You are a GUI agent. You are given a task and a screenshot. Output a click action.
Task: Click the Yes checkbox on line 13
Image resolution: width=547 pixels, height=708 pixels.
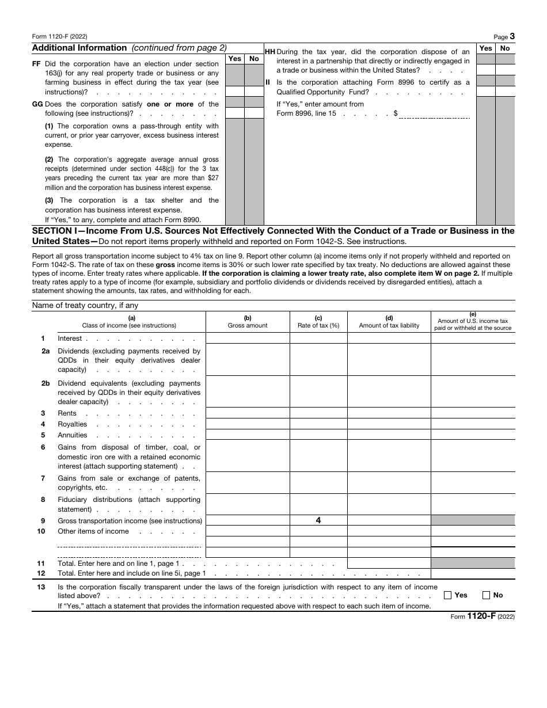pyautogui.click(x=448, y=595)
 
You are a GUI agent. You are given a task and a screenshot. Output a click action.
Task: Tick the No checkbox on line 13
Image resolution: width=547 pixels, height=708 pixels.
pyautogui.click(x=486, y=595)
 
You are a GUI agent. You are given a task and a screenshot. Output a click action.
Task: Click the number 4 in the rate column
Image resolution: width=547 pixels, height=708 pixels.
pyautogui.click(x=318, y=520)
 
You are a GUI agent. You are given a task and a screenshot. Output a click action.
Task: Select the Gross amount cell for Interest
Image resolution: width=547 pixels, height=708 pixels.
pyautogui.click(x=248, y=338)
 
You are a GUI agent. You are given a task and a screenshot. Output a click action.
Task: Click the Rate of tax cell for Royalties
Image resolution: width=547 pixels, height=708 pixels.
pyautogui.click(x=318, y=424)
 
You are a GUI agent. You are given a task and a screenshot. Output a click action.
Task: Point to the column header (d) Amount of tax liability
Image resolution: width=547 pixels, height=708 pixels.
pyautogui.click(x=389, y=322)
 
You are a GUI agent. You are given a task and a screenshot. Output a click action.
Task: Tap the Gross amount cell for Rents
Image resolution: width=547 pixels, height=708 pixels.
pyautogui.click(x=248, y=413)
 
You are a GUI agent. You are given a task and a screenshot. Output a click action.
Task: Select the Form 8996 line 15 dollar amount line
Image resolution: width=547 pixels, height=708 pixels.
pyautogui.click(x=435, y=113)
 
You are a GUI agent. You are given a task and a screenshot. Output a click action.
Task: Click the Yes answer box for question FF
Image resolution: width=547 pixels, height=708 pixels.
pyautogui.click(x=235, y=91)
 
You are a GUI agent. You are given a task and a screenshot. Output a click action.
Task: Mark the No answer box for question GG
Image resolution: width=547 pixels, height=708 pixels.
pyautogui.click(x=254, y=113)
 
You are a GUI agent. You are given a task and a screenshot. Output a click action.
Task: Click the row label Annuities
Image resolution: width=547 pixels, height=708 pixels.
pyautogui.click(x=73, y=435)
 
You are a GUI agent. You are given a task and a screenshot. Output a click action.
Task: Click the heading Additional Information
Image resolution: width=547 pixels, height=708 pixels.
pyautogui.click(x=79, y=48)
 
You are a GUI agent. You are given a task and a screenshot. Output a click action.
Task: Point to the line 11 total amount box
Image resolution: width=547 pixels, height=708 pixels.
pyautogui.click(x=389, y=564)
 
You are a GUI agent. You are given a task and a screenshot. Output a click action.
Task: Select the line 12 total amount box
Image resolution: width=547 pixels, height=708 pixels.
pyautogui.click(x=473, y=573)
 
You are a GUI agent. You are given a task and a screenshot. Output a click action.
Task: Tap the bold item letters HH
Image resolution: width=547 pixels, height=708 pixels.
pyautogui.click(x=269, y=52)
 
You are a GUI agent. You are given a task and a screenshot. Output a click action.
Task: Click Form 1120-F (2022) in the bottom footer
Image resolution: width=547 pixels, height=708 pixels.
pyautogui.click(x=483, y=616)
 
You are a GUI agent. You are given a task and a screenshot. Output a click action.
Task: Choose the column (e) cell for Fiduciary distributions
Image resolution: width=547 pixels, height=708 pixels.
pyautogui.click(x=473, y=504)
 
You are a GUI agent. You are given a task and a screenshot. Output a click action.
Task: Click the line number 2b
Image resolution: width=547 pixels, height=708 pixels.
pyautogui.click(x=45, y=383)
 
